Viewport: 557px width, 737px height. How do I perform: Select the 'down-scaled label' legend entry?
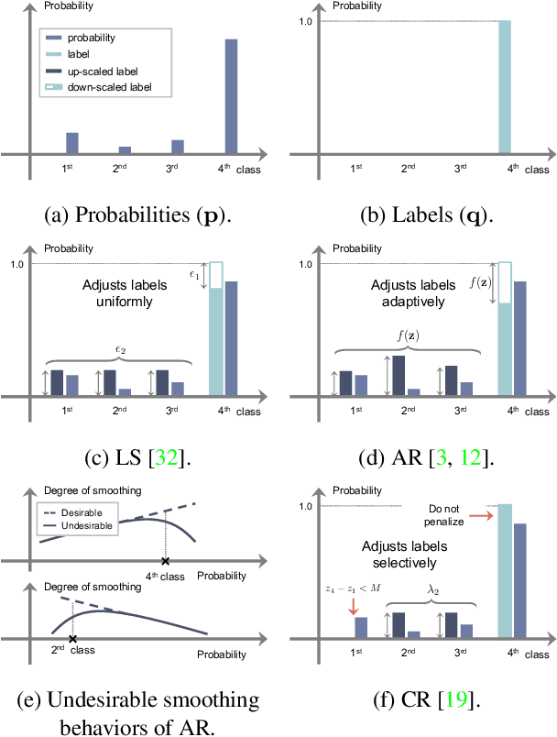tap(103, 87)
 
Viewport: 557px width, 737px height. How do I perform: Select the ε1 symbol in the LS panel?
tap(194, 274)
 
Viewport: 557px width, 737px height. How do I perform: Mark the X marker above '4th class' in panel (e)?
tap(165, 560)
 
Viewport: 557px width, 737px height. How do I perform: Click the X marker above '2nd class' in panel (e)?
tap(72, 638)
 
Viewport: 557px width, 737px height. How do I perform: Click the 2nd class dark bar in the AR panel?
tap(373, 376)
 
